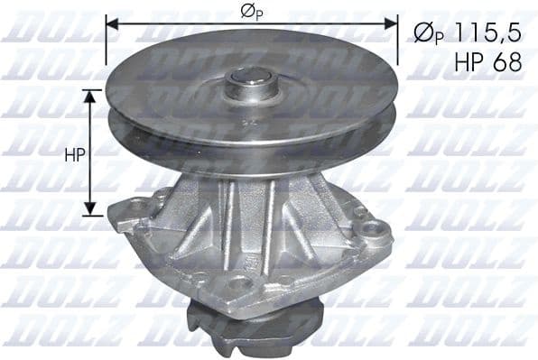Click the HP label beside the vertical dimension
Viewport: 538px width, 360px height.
coord(75,154)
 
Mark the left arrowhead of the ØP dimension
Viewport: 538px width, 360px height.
coord(111,23)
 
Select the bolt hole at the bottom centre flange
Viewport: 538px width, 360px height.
coord(239,283)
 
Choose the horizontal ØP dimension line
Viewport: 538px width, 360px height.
coord(181,23)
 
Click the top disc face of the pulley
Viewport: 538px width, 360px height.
coord(181,81)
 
